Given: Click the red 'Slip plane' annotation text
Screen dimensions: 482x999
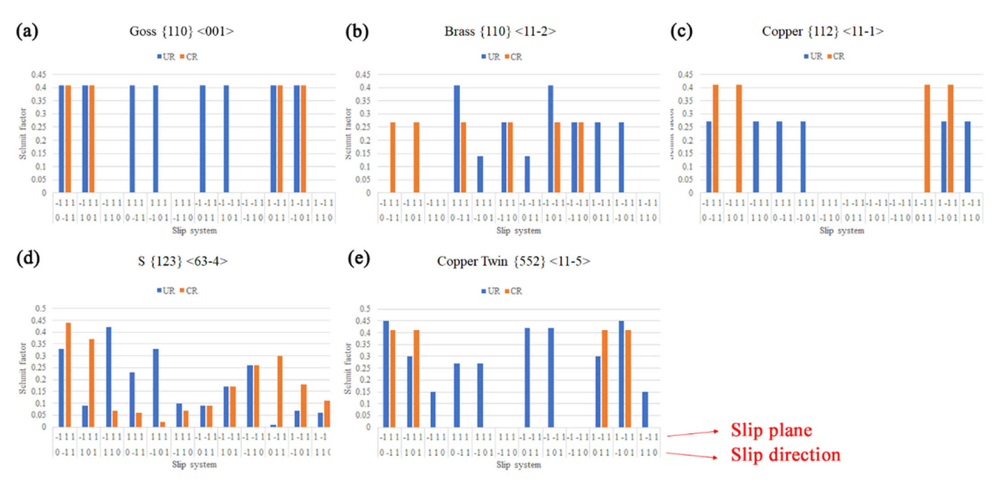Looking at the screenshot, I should (771, 430).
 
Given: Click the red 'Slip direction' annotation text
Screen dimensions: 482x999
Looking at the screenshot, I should (785, 454).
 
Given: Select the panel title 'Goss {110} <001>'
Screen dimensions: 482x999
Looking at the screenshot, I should (182, 31).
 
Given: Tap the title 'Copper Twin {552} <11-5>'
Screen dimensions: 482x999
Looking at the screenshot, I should (513, 261).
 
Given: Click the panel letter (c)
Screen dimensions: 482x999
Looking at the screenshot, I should (681, 31).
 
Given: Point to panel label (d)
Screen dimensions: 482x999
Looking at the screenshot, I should (28, 258).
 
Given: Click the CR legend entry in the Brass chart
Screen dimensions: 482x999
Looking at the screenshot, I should (514, 57).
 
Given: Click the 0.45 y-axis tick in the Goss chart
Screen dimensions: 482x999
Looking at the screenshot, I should (39, 74).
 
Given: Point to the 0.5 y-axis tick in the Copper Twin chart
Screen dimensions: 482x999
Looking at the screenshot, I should (365, 309).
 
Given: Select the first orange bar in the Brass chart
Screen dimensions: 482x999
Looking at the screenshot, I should (393, 157).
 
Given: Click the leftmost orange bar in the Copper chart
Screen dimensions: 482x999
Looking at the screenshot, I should (716, 139).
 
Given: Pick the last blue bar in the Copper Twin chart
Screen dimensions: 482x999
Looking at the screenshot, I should (645, 409).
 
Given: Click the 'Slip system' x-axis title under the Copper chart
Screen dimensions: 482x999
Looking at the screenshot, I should (842, 231).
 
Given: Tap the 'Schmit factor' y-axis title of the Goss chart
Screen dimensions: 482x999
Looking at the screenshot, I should (22, 133).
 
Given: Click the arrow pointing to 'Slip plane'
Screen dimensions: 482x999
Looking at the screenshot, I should (693, 433).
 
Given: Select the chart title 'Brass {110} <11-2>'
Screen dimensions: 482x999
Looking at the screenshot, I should (500, 31).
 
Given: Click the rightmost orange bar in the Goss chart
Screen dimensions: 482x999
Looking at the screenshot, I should (304, 139).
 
